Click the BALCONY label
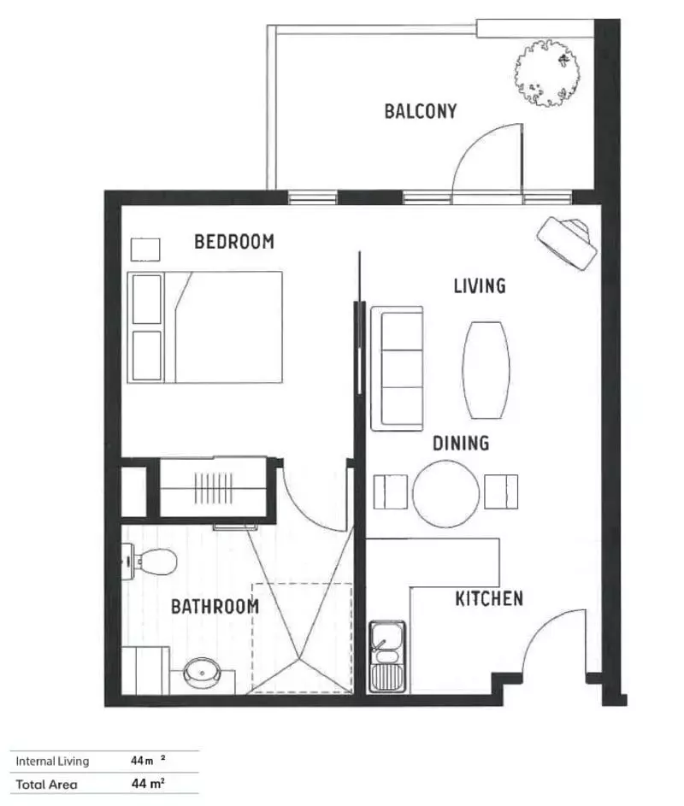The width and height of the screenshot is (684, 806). (x=420, y=111)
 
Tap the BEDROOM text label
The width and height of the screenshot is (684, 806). (x=234, y=242)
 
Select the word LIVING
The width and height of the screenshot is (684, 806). (x=479, y=285)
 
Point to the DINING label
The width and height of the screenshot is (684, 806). (x=460, y=443)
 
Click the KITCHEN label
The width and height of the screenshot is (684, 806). (x=488, y=598)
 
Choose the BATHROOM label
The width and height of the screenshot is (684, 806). (x=215, y=607)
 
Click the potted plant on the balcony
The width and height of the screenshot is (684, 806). (x=548, y=74)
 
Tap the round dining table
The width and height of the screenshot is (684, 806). (x=446, y=493)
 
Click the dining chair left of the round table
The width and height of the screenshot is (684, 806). (x=392, y=491)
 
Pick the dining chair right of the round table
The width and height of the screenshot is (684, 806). (x=500, y=491)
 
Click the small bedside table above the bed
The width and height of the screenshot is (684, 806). (x=144, y=249)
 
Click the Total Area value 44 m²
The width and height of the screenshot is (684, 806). (x=148, y=783)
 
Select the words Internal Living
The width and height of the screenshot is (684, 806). (x=53, y=761)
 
